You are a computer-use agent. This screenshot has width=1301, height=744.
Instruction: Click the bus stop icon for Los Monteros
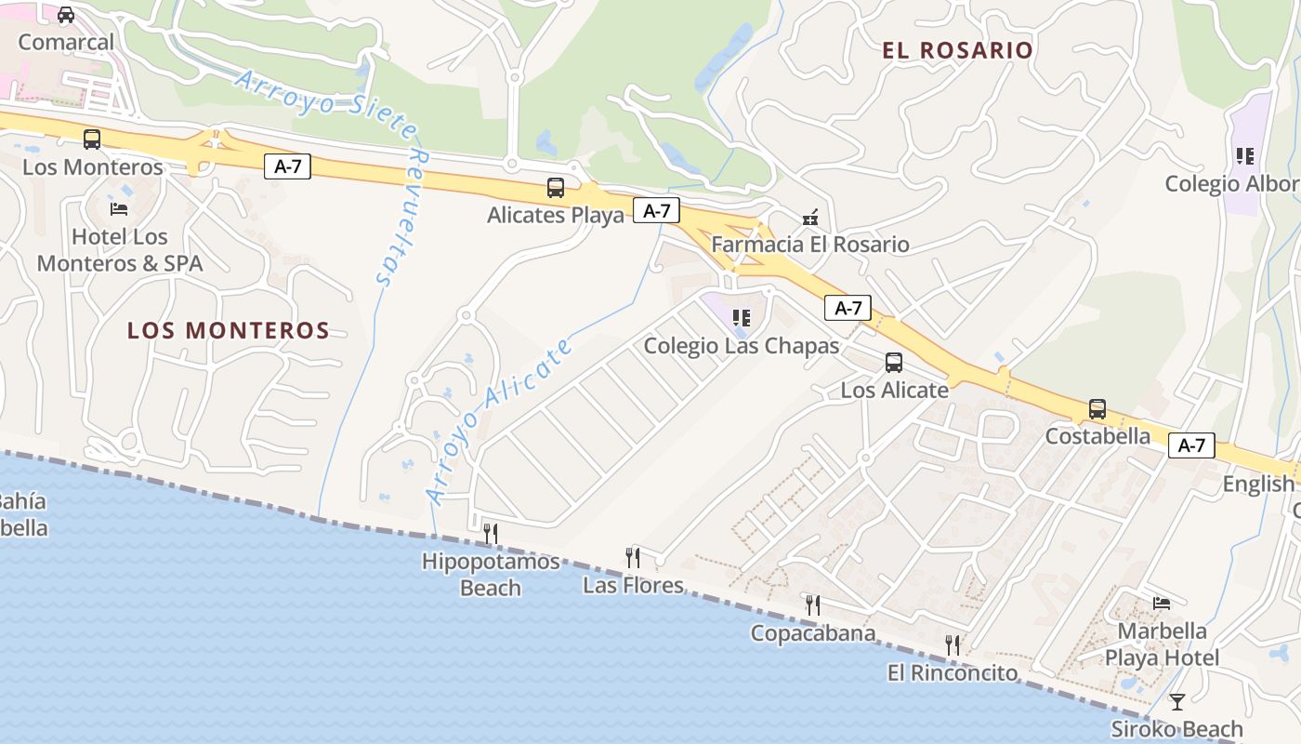(92, 139)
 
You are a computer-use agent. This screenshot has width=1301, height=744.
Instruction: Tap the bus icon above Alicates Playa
(556, 188)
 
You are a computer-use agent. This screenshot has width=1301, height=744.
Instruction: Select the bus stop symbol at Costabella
(1097, 409)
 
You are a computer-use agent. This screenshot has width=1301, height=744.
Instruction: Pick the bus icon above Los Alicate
(894, 363)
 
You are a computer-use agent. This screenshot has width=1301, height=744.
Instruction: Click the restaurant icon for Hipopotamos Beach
(491, 533)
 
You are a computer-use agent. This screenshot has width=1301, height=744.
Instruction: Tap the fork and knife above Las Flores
(633, 557)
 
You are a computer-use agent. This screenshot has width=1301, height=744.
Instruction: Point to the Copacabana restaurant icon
(812, 605)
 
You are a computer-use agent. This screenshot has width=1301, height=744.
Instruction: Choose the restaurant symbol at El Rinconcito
(953, 644)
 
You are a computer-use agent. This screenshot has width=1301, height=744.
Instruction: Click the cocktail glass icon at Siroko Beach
(1177, 701)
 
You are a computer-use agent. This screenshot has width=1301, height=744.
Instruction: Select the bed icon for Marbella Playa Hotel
(1162, 604)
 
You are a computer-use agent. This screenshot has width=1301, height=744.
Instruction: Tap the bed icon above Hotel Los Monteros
(119, 208)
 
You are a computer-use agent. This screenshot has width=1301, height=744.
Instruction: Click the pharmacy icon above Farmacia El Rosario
(810, 218)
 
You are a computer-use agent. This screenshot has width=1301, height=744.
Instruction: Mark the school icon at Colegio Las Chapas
(741, 318)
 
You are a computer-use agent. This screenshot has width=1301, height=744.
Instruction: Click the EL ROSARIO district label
(957, 50)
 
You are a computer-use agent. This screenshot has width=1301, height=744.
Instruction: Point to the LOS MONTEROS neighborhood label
(229, 330)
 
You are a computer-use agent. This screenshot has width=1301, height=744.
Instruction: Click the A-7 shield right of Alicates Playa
(656, 210)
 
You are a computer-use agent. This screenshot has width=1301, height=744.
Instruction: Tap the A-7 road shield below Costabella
(1191, 445)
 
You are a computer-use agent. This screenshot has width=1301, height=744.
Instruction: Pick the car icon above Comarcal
(66, 15)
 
